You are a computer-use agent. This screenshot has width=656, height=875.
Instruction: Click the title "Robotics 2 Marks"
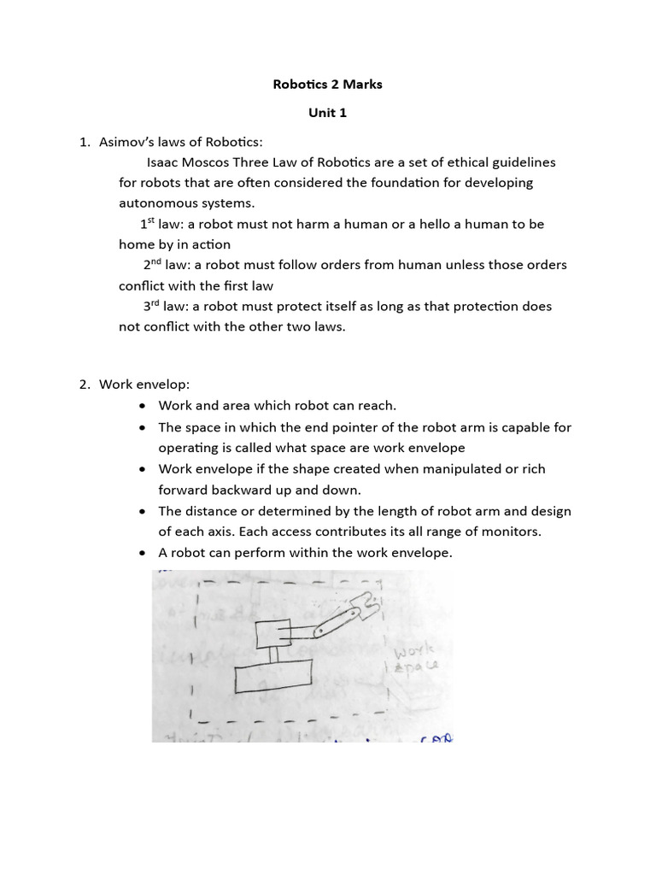pyautogui.click(x=328, y=85)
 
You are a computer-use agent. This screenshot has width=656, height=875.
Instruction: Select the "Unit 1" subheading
pyautogui.click(x=328, y=113)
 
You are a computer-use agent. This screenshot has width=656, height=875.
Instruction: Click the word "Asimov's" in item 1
pyautogui.click(x=126, y=141)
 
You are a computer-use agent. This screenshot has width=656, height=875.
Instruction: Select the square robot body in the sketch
pyautogui.click(x=274, y=633)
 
